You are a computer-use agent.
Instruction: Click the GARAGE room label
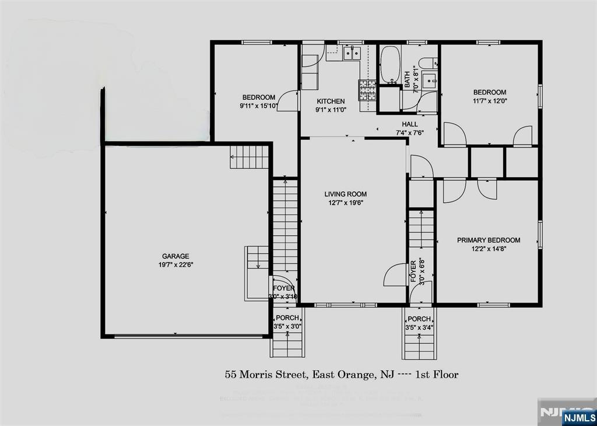[x=175, y=256]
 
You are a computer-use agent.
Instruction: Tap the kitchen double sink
[x=351, y=54]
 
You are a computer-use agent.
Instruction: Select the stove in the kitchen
[x=367, y=89]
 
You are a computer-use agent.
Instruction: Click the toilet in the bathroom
[x=426, y=62]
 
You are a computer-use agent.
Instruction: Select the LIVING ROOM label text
[x=346, y=194]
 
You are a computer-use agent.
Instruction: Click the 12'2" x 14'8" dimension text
[x=488, y=249]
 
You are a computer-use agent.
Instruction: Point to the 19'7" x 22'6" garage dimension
[x=175, y=265]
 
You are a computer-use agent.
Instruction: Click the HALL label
[x=409, y=124]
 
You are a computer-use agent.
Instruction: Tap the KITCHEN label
[x=331, y=101]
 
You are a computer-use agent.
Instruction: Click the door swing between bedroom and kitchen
[x=287, y=101]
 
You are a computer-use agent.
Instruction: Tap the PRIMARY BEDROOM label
[x=488, y=240]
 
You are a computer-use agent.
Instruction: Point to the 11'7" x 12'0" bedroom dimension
[x=489, y=101]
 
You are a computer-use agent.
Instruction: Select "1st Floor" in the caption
[x=437, y=374]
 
